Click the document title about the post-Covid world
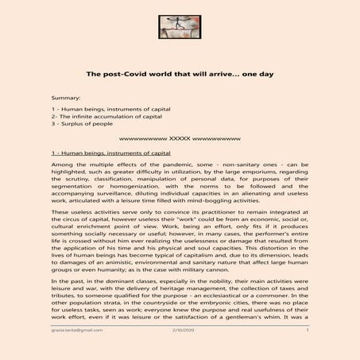click(180, 73)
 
